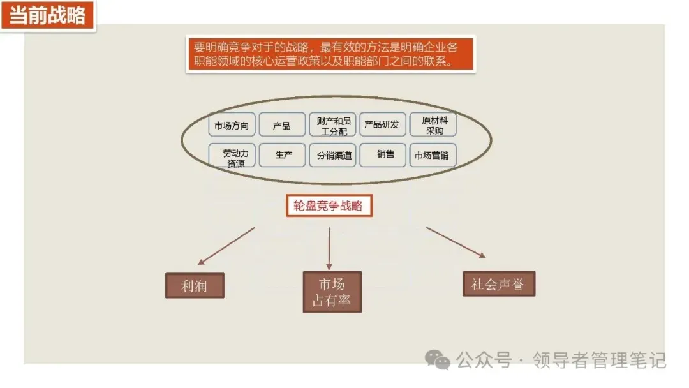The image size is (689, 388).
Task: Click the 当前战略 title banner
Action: (48, 16)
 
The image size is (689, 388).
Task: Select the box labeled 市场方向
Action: (232, 125)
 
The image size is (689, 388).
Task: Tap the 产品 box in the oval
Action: (282, 125)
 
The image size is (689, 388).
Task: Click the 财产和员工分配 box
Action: (332, 125)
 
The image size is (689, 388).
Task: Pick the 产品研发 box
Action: (383, 125)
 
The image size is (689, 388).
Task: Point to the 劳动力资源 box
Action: (232, 155)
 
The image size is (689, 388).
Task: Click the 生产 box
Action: (282, 155)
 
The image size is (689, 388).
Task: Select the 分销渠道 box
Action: (332, 155)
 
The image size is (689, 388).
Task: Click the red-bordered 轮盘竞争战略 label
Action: (329, 206)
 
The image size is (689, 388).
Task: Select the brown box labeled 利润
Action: (195, 285)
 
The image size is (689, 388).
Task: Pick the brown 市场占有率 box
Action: (332, 292)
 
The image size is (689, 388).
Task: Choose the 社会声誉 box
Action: (498, 284)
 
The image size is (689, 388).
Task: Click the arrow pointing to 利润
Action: (226, 246)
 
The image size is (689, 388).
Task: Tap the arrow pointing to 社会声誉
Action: (456, 243)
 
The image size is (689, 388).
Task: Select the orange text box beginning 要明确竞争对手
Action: (330, 54)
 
